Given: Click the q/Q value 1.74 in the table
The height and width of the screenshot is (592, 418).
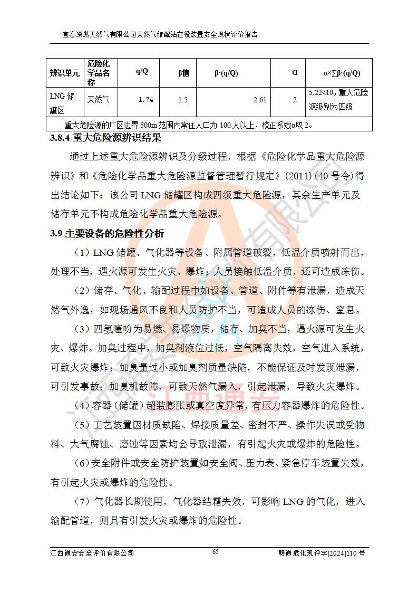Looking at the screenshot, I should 145,100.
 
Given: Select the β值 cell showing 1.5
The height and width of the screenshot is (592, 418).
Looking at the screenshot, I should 183,100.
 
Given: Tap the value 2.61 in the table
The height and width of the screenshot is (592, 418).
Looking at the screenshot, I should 259,100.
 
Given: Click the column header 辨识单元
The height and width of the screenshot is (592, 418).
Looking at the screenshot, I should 65,73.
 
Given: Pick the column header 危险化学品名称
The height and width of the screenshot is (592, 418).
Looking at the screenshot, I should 99,73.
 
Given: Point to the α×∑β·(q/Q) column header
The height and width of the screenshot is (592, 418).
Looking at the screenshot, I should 341,73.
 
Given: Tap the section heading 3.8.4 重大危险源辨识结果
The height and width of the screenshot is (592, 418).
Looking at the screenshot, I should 105,139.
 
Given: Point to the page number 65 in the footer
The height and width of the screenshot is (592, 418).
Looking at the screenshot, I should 215,552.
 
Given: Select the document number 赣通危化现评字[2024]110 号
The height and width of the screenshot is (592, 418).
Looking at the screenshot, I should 322,553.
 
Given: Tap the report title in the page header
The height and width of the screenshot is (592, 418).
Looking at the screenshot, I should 160,35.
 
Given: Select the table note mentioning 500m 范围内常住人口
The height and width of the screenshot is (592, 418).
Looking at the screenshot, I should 190,126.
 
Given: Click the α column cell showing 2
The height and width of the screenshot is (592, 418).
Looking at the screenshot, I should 295,100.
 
